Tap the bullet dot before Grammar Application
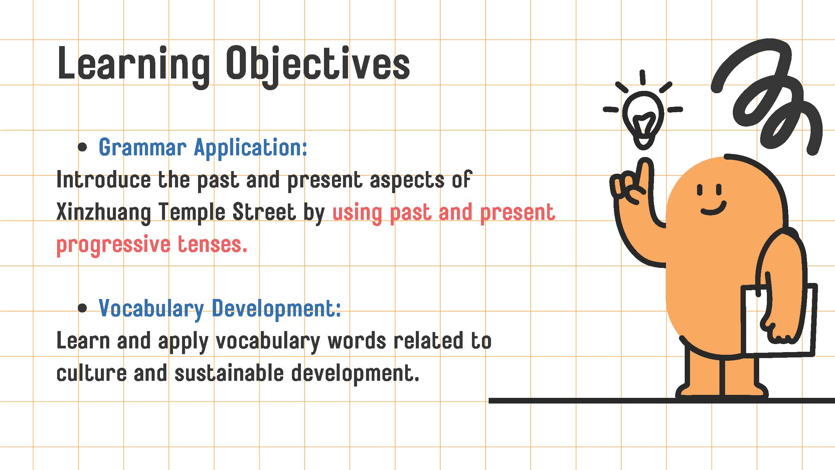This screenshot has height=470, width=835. click(x=82, y=147)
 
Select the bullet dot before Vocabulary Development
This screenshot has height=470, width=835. click(x=82, y=308)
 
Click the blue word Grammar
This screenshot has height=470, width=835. click(x=143, y=148)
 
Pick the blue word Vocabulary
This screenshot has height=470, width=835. click(x=151, y=309)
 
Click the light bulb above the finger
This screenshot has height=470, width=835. click(x=643, y=120)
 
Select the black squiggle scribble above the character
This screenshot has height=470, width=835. click(x=768, y=97)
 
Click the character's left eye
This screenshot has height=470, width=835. click(x=700, y=190)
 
